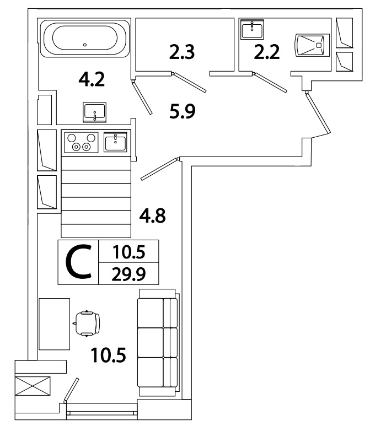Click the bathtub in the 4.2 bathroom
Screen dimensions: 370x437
pos(85,38)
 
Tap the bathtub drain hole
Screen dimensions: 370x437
pos(85,45)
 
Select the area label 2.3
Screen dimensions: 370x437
pos(182,52)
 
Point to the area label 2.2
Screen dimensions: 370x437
pos(266,52)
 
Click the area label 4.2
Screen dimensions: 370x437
pos(92,79)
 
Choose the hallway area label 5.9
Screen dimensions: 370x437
pos(183,111)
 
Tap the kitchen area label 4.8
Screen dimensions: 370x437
pos(153,215)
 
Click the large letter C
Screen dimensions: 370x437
pos(79,262)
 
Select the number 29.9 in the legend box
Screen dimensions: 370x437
pos(128,274)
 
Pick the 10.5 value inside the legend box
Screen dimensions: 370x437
pos(129,252)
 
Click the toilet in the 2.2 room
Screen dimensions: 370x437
pos(312,45)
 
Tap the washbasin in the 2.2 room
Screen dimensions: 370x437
pos(252,30)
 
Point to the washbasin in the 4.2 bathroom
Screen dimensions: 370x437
pos(95,112)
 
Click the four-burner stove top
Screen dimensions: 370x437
pos(82,142)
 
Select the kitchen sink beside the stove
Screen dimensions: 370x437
pos(115,142)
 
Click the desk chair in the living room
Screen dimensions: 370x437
pos(87,323)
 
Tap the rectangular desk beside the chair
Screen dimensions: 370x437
pos(55,324)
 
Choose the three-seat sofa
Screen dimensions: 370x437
pos(158,343)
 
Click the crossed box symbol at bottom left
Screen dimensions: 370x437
pos(33,386)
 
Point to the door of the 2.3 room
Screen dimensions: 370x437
pos(190,83)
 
